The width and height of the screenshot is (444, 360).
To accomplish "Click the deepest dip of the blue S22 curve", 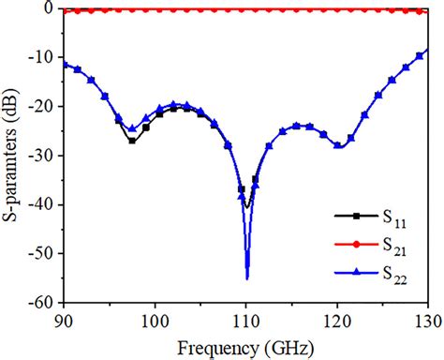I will (246, 277).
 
